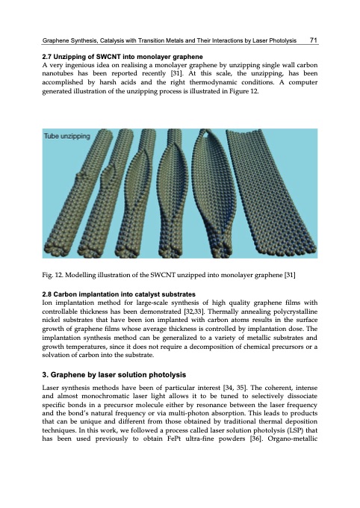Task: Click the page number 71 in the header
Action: (x=314, y=40)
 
